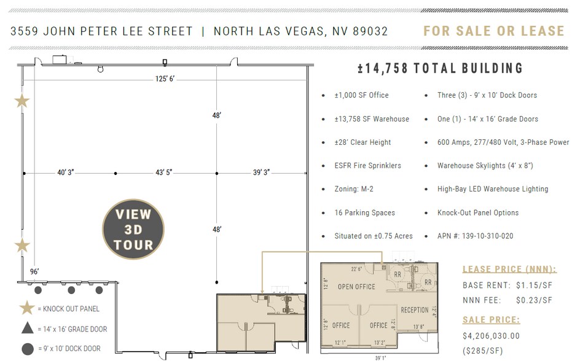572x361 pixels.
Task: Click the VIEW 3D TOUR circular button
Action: [x=133, y=229]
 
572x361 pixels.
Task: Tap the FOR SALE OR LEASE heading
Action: [x=493, y=31]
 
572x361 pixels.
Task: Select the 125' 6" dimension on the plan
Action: [x=164, y=79]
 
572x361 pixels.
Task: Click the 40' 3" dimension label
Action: [x=66, y=173]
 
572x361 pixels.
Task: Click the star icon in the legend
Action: [x=26, y=308]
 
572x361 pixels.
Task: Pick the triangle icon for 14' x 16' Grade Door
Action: [x=26, y=328]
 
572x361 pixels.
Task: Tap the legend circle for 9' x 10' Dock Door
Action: [x=26, y=349]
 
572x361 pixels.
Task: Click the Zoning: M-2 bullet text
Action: [x=355, y=189]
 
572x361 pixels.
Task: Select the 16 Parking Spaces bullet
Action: [x=364, y=212]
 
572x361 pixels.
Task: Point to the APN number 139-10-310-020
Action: [x=475, y=236]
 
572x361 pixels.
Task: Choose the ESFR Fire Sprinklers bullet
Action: [x=367, y=166]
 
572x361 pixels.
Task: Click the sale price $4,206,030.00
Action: [x=491, y=336]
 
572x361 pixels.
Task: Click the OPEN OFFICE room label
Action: [x=356, y=287]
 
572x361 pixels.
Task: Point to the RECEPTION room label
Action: [x=415, y=310]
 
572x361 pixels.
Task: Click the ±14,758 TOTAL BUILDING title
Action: [x=440, y=68]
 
